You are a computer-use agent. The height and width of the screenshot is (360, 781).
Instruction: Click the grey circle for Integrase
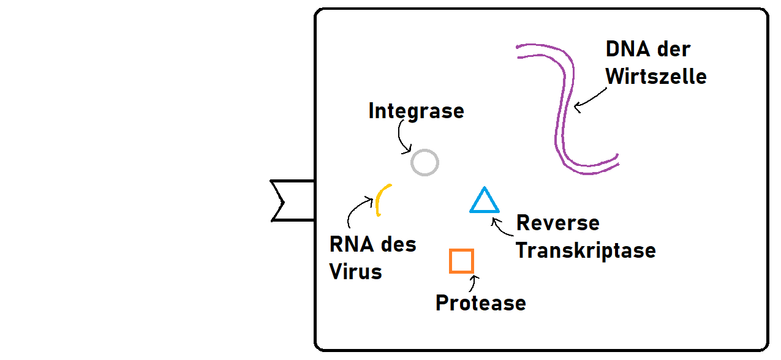click(x=424, y=163)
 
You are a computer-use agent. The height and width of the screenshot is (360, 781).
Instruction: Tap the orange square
click(x=461, y=261)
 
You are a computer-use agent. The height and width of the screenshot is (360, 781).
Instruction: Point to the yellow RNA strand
click(x=380, y=199)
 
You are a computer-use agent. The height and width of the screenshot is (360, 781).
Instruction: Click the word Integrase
click(x=416, y=111)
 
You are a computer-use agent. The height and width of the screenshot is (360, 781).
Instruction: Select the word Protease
click(x=480, y=303)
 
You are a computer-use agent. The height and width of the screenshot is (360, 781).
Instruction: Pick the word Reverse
click(x=557, y=223)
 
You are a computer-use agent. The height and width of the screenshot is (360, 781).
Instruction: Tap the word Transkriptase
click(x=586, y=250)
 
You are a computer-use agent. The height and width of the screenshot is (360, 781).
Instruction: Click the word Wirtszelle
click(x=655, y=77)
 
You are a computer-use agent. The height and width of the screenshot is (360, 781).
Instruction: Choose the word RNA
click(x=353, y=245)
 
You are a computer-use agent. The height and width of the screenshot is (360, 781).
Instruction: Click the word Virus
click(x=355, y=271)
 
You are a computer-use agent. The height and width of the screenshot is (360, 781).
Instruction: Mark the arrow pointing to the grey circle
click(x=401, y=138)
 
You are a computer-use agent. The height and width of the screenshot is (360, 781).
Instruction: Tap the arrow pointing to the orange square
click(x=472, y=283)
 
